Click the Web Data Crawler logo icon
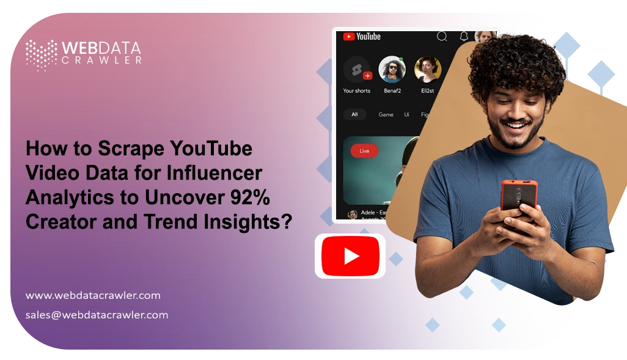pos(41,54)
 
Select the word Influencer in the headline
pos(215,174)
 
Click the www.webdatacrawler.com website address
pos(93,295)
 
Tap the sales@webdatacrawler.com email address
pos(97,315)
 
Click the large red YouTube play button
pos(350,256)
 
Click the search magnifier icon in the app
pos(442,37)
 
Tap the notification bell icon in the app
pos(464,37)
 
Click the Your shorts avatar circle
pos(356,70)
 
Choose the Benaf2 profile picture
pos(392,70)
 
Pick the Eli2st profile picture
pos(428,70)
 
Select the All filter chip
pos(354,114)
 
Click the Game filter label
pos(386,114)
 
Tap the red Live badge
pos(364,150)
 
